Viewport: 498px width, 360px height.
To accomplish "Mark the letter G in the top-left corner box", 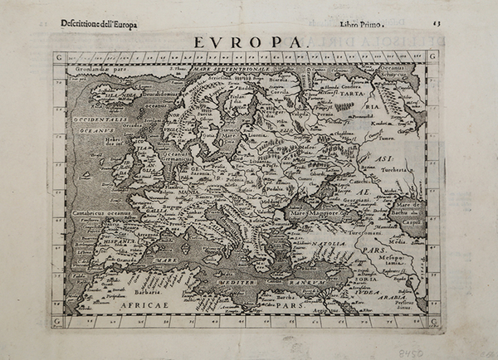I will click(59, 57).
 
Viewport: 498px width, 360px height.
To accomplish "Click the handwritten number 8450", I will click(454, 352).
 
